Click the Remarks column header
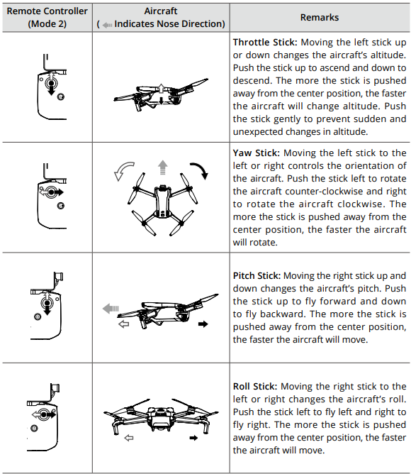[320, 18]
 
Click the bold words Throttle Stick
[265, 43]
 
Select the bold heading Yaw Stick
[257, 153]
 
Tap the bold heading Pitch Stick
[257, 276]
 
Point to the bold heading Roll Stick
[255, 386]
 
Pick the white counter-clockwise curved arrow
[123, 170]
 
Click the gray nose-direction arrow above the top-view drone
[163, 167]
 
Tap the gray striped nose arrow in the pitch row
[111, 309]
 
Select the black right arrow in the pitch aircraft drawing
[203, 324]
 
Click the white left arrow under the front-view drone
[129, 438]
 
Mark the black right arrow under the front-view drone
[193, 438]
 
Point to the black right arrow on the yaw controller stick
[58, 192]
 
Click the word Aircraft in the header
[161, 11]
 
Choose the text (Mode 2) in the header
[47, 23]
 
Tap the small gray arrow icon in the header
[107, 25]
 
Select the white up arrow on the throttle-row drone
[162, 88]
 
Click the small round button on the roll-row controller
[34, 429]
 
